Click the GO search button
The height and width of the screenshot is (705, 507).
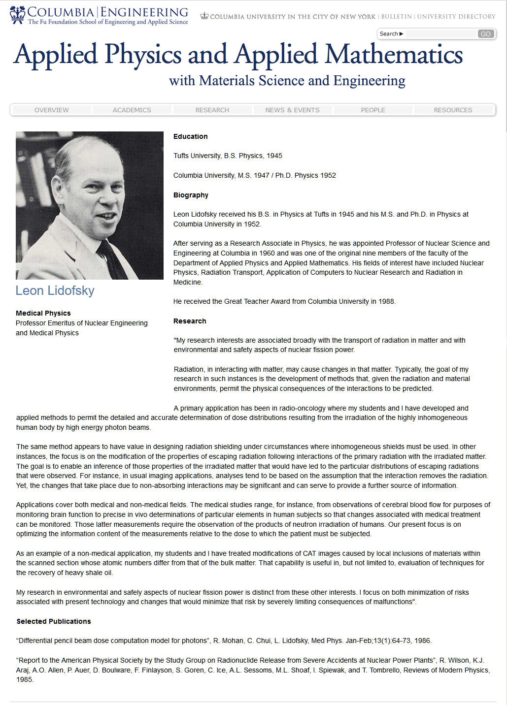pyautogui.click(x=485, y=34)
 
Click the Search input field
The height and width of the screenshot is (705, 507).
pyautogui.click(x=441, y=34)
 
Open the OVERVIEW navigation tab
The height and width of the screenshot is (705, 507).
pyautogui.click(x=52, y=110)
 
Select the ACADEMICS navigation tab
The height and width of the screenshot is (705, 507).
pyautogui.click(x=132, y=110)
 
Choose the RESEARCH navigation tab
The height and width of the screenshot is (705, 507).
pyautogui.click(x=212, y=110)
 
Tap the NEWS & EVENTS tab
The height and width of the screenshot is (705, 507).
pyautogui.click(x=293, y=110)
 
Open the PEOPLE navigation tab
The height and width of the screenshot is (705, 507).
pyautogui.click(x=373, y=110)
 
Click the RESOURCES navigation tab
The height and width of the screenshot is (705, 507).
pyautogui.click(x=453, y=110)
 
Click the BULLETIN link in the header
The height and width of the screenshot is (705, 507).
pyautogui.click(x=397, y=17)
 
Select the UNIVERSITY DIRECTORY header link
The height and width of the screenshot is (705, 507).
pyautogui.click(x=456, y=17)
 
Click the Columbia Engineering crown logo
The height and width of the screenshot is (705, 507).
pyautogui.click(x=17, y=15)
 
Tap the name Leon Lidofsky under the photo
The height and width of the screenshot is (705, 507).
pyautogui.click(x=55, y=291)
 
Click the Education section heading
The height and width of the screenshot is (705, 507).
pyautogui.click(x=191, y=136)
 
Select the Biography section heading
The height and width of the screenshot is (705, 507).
pyautogui.click(x=191, y=195)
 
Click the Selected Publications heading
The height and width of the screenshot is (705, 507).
pyautogui.click(x=54, y=621)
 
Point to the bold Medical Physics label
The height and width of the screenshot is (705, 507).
pyautogui.click(x=43, y=313)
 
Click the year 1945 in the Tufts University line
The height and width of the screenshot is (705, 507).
pyautogui.click(x=274, y=156)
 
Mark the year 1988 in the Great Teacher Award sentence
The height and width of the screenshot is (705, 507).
pyautogui.click(x=386, y=301)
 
